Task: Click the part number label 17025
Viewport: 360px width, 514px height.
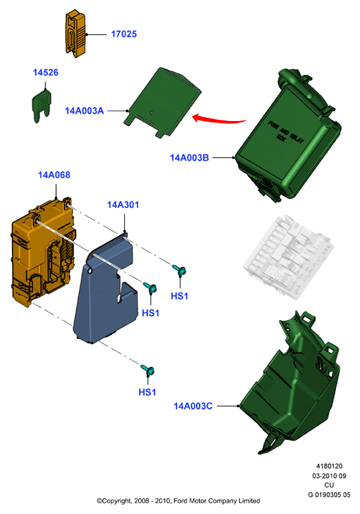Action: pos(124,34)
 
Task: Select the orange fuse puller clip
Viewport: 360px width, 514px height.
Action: pos(75,34)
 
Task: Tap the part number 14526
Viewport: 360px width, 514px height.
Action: pos(45,72)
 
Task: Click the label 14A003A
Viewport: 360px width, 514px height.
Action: pos(85,111)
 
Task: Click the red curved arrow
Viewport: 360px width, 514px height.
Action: pos(219,120)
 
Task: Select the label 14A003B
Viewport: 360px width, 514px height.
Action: pos(189,158)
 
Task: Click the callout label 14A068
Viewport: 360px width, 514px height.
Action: pos(54,175)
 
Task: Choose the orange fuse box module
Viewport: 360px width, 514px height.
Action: pos(43,252)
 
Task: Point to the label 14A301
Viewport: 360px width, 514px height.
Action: pos(123,205)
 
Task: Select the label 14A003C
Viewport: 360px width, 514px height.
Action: pos(193,406)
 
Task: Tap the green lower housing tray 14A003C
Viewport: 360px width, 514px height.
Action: pos(290,382)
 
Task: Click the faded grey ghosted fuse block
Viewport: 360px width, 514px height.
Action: pos(287,257)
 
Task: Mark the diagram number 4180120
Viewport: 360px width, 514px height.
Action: pos(329,466)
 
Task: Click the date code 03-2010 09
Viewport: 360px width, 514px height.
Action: pos(329,476)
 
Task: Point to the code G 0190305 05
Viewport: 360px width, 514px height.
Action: pos(329,495)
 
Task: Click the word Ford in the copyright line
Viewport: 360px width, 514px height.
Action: pos(181,501)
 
